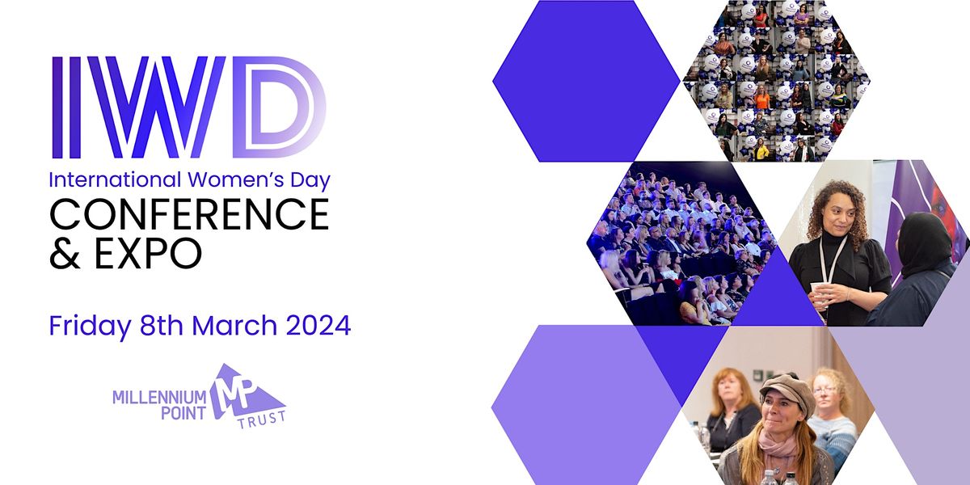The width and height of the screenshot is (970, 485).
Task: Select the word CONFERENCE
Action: point(189,214)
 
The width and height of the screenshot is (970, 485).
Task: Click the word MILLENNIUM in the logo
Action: point(161,398)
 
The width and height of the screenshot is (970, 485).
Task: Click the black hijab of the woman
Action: point(924,242)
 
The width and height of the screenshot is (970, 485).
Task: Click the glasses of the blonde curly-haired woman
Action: point(826,390)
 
